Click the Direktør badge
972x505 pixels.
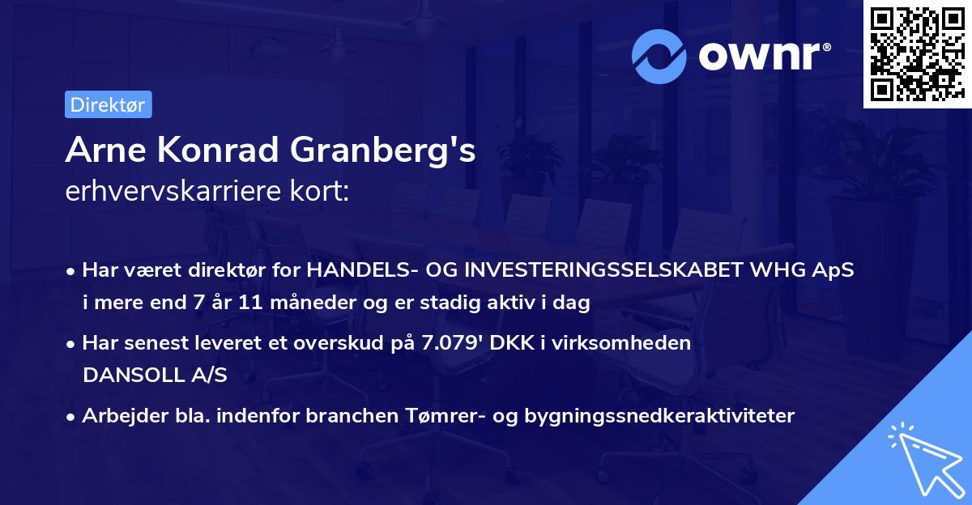(108, 104)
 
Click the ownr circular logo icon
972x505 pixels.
(660, 56)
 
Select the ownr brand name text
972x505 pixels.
(765, 56)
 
